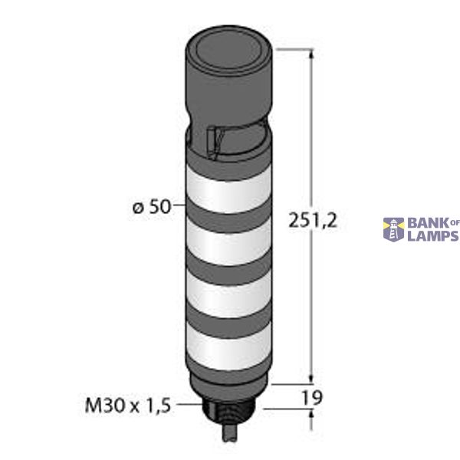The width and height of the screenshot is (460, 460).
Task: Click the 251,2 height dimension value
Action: coord(312,222)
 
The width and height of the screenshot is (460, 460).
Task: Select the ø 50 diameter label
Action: coord(150,207)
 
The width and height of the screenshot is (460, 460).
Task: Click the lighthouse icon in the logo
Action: coord(394,228)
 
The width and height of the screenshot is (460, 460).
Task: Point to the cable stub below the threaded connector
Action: coord(229,438)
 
